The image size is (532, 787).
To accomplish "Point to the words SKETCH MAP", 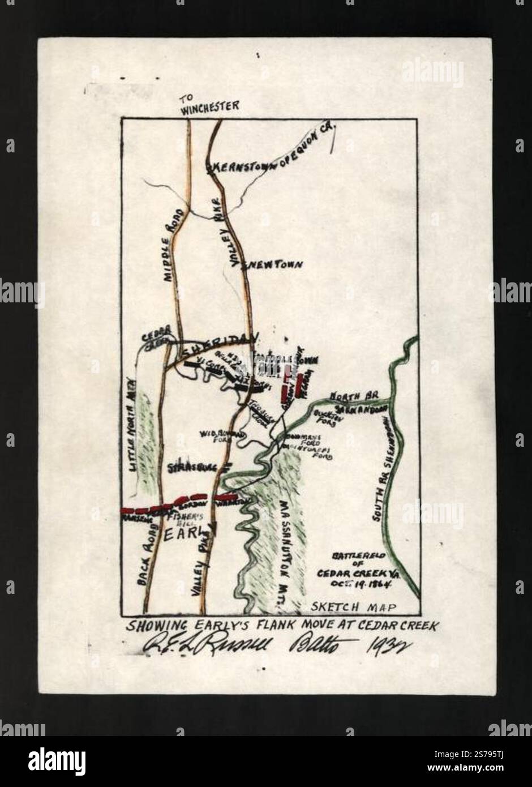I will click(x=353, y=607).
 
